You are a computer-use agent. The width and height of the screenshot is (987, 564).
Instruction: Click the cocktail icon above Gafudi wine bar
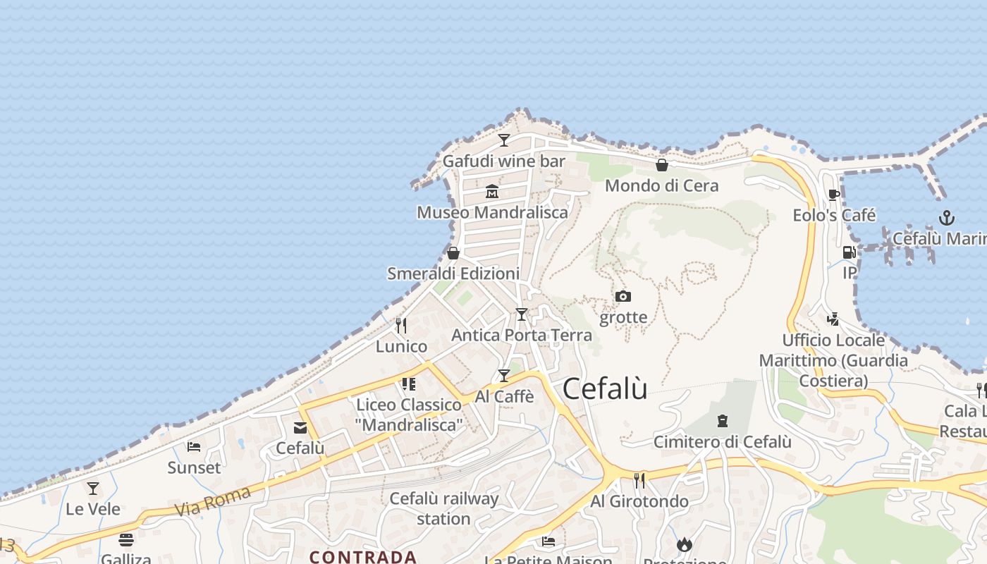pyautogui.click(x=504, y=140)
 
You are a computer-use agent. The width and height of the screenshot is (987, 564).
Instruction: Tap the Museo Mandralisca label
pyautogui.click(x=492, y=212)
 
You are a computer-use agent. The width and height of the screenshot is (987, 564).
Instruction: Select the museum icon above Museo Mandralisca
pyautogui.click(x=492, y=191)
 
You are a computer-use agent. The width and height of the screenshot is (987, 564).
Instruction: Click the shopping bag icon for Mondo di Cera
pyautogui.click(x=662, y=166)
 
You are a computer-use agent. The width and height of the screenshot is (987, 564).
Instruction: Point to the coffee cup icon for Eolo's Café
pyautogui.click(x=834, y=195)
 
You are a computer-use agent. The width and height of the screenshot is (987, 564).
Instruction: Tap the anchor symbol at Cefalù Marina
pyautogui.click(x=946, y=218)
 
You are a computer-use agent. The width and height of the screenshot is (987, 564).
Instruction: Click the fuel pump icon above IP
pyautogui.click(x=850, y=252)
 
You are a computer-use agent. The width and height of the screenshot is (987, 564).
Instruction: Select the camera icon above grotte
pyautogui.click(x=623, y=296)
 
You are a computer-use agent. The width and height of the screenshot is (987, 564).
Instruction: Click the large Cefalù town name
pyautogui.click(x=605, y=388)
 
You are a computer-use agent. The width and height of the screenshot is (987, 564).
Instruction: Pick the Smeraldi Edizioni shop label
pyautogui.click(x=453, y=274)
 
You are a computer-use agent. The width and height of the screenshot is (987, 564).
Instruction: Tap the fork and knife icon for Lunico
pyautogui.click(x=401, y=325)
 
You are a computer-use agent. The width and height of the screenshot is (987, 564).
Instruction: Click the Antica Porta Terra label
pyautogui.click(x=522, y=335)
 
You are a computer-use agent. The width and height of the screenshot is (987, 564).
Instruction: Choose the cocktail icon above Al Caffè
pyautogui.click(x=504, y=376)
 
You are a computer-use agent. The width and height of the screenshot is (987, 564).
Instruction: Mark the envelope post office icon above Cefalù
pyautogui.click(x=300, y=427)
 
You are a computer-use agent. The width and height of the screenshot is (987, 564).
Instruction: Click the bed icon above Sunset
pyautogui.click(x=194, y=446)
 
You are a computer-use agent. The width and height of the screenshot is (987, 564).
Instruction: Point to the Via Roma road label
pyautogui.click(x=212, y=500)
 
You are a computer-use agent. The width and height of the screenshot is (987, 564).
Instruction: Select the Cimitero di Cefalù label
pyautogui.click(x=723, y=442)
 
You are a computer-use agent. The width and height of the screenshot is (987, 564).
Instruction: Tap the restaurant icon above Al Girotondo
pyautogui.click(x=639, y=480)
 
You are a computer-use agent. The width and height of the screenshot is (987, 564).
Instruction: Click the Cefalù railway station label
pyautogui.click(x=443, y=508)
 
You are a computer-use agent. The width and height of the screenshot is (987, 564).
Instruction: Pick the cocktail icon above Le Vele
pyautogui.click(x=93, y=488)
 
